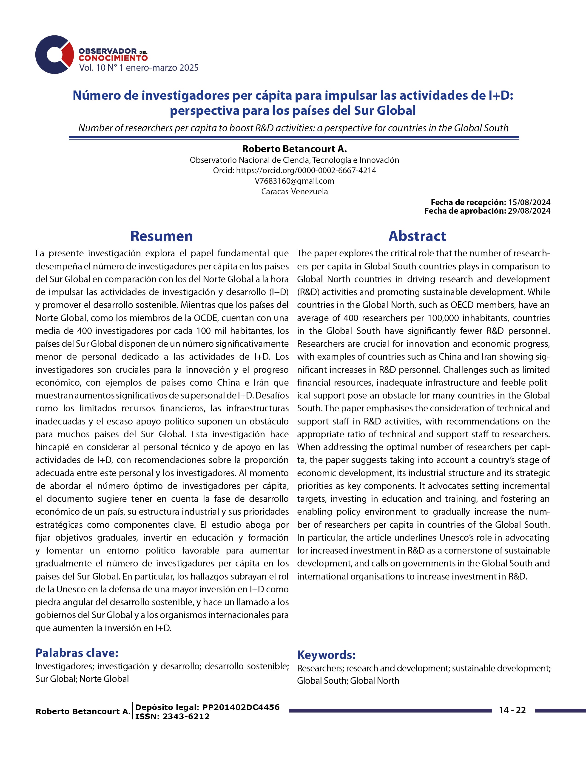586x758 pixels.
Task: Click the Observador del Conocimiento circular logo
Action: tap(54, 54)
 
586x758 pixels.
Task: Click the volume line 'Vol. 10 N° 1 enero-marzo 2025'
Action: tap(139, 68)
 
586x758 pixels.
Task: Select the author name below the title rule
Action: tap(294, 149)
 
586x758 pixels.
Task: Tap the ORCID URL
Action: tap(306, 170)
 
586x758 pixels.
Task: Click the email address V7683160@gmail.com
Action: tap(294, 181)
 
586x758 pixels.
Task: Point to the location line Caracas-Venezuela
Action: tap(294, 192)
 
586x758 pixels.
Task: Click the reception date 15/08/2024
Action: tap(529, 202)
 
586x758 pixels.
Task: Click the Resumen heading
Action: tap(161, 236)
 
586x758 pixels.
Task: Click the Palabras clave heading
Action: tap(77, 653)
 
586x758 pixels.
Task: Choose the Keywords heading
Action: tap(326, 655)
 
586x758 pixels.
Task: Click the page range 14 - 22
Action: tap(512, 710)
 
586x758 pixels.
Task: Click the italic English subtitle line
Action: tap(293, 128)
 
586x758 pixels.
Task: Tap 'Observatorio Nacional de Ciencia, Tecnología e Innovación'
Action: tap(294, 160)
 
